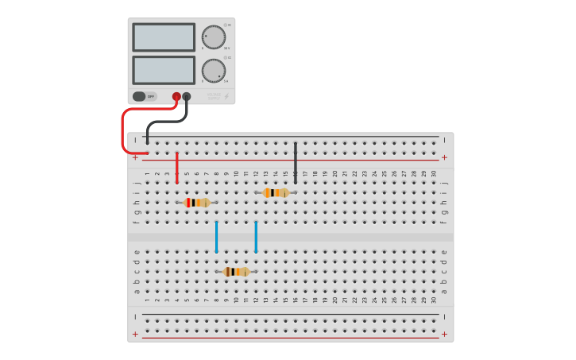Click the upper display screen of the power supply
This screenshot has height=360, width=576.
(164, 37)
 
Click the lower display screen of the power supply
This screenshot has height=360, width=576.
(164, 70)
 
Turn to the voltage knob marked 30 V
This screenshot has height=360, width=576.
(213, 37)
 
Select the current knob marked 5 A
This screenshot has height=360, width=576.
(213, 70)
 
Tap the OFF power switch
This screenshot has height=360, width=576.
(144, 96)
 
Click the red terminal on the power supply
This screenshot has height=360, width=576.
(176, 96)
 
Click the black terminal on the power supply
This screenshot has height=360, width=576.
(187, 96)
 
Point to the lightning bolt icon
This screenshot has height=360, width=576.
(226, 96)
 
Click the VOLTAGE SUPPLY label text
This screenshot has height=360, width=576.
(213, 96)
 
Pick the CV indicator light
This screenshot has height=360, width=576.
(226, 25)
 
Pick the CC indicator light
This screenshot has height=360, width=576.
(226, 57)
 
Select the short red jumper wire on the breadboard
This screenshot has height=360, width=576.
(176, 168)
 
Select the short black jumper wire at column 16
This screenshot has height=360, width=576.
(296, 163)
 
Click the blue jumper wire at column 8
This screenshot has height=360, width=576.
(216, 237)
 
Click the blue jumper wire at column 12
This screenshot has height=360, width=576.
(256, 237)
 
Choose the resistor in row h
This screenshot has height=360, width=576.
(196, 203)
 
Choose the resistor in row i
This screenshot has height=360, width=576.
(276, 192)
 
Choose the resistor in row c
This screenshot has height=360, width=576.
(236, 272)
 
